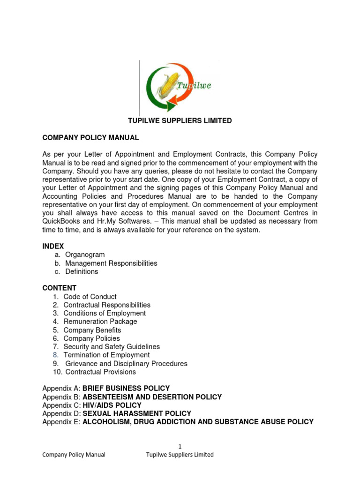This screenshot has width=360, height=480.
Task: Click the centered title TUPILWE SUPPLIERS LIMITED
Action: point(180,121)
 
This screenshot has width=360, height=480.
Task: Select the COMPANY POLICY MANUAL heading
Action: point(90,138)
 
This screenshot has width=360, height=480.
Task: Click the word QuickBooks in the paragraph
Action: point(62,221)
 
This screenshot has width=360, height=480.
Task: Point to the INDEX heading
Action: point(53,247)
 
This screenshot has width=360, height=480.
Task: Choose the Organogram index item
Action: point(85,255)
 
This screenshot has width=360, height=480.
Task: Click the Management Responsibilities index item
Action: point(111,263)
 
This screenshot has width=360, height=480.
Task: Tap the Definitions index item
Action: point(82,272)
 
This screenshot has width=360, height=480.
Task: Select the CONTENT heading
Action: point(59,288)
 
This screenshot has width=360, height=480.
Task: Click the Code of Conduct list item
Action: point(90,297)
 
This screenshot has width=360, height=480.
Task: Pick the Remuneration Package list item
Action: point(100,322)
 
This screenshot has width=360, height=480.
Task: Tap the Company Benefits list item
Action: point(92,330)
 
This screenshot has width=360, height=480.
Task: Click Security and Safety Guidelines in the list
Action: point(112,347)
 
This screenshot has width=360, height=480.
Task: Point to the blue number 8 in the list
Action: point(55,355)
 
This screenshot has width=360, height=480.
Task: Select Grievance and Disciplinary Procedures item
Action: point(126,364)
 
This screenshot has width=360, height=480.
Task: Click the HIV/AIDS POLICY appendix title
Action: point(112,405)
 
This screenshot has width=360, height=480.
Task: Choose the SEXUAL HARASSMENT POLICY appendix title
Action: point(137,414)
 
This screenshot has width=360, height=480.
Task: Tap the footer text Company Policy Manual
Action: point(74,455)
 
